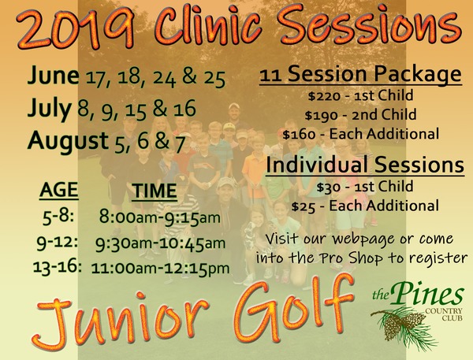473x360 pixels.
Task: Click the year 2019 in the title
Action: [76, 28]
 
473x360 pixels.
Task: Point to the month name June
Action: [53, 76]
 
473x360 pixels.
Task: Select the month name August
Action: [68, 142]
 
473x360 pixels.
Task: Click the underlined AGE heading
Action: [59, 190]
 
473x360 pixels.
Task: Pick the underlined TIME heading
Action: [155, 191]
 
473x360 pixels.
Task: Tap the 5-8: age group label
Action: [58, 217]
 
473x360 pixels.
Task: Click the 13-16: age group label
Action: [58, 267]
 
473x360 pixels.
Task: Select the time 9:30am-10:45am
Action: [160, 243]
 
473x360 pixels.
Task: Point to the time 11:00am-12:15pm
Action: [160, 269]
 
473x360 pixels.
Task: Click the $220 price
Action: [324, 96]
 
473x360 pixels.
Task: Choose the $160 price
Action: [299, 135]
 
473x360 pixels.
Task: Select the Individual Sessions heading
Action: [365, 165]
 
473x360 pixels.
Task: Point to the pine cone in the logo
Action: [400, 324]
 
